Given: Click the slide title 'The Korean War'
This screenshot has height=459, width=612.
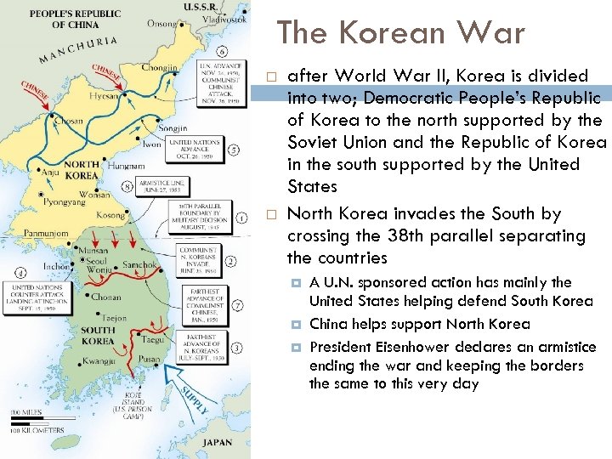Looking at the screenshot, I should click(x=400, y=33).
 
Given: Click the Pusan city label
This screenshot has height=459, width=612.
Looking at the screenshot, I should click(x=150, y=360).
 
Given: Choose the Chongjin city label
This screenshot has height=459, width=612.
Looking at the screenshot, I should click(x=159, y=67).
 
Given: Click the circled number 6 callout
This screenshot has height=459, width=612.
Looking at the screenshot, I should click(x=222, y=51).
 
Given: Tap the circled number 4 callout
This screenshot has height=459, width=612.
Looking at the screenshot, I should click(x=19, y=274).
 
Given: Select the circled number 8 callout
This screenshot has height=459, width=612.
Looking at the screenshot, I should click(x=128, y=186).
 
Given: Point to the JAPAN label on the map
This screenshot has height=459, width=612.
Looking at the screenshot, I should click(x=218, y=442).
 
